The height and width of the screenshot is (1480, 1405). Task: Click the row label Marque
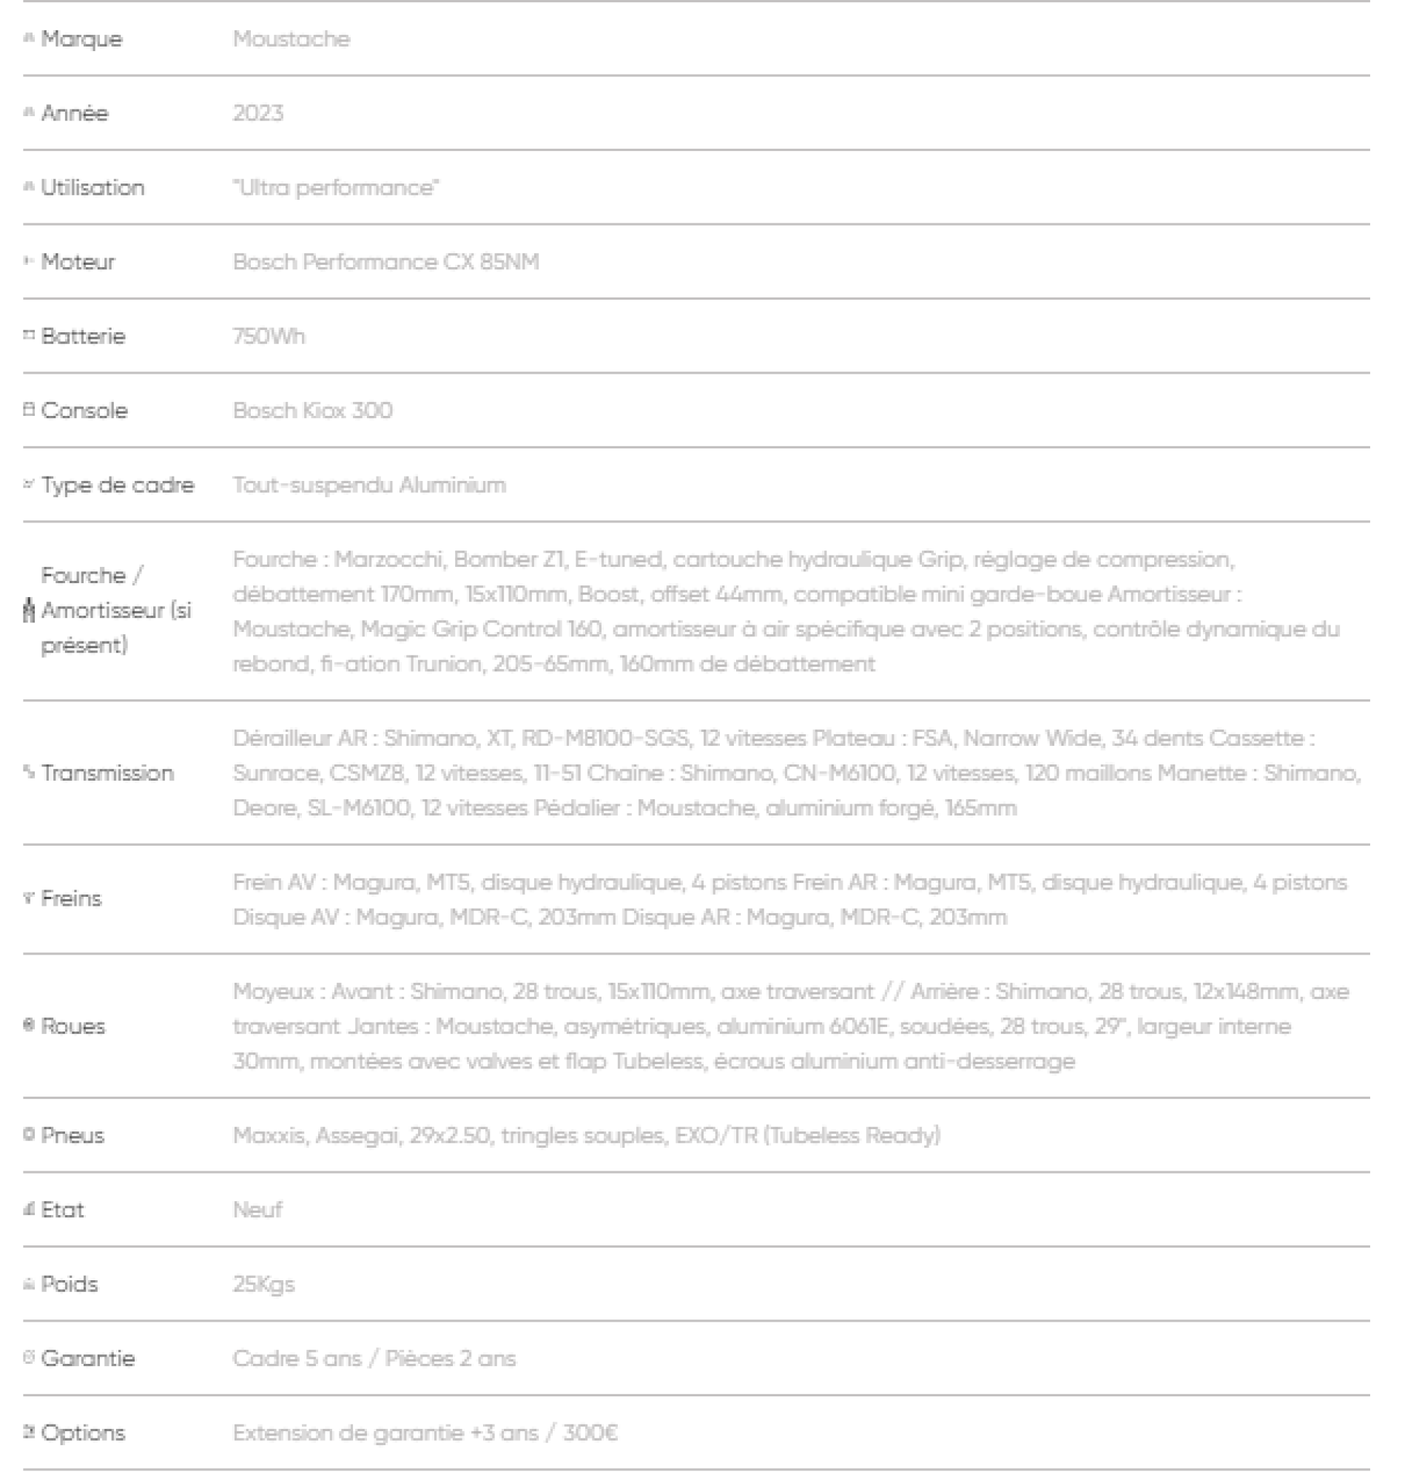click(x=81, y=39)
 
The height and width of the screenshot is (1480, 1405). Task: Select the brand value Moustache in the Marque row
click(x=292, y=39)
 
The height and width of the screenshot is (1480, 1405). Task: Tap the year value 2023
click(x=257, y=113)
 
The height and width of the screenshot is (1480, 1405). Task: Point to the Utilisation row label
click(x=92, y=187)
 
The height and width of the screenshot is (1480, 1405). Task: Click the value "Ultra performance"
click(x=335, y=187)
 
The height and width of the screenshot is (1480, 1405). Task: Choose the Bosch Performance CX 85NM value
click(x=385, y=261)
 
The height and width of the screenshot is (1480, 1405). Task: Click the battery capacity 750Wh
click(x=269, y=335)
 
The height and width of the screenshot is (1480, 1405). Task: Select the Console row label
click(x=84, y=411)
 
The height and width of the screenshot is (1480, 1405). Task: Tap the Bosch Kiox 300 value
click(x=312, y=411)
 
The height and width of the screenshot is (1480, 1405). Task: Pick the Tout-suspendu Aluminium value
click(x=369, y=485)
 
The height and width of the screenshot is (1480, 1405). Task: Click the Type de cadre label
click(x=118, y=485)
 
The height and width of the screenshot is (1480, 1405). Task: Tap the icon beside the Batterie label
click(x=29, y=335)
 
